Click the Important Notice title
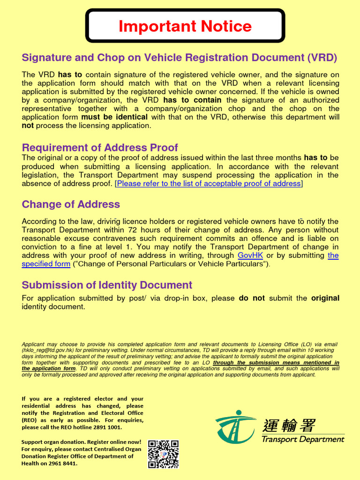click(x=185, y=26)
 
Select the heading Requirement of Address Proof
click(x=100, y=148)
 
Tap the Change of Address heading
click(x=71, y=204)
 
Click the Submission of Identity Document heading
click(x=107, y=285)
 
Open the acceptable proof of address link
click(x=209, y=184)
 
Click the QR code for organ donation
click(x=163, y=454)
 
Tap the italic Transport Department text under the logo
click(x=302, y=440)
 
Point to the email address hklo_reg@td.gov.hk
click(x=51, y=350)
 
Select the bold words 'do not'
click(x=252, y=298)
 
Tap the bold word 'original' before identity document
click(x=325, y=298)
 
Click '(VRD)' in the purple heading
click(x=322, y=58)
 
